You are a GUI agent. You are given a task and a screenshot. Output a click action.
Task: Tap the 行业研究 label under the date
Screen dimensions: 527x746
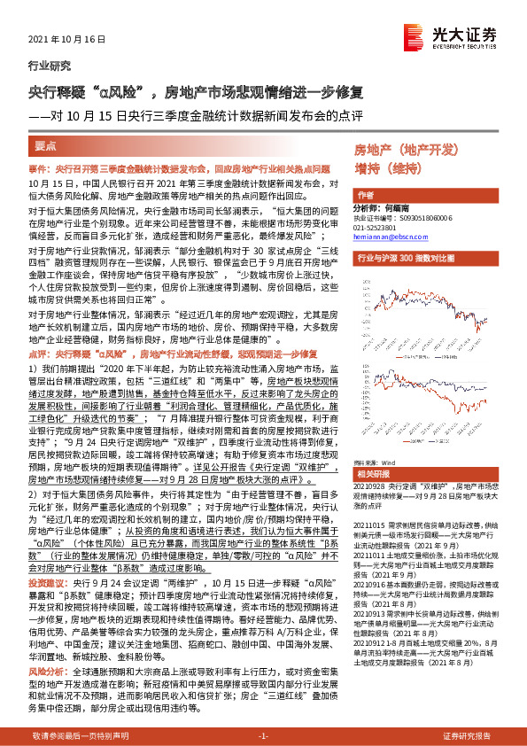(x=45, y=65)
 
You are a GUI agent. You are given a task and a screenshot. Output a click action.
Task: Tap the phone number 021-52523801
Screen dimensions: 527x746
(x=377, y=226)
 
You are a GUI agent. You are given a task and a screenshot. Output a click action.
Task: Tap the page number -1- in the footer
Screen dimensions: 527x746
(x=263, y=736)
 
